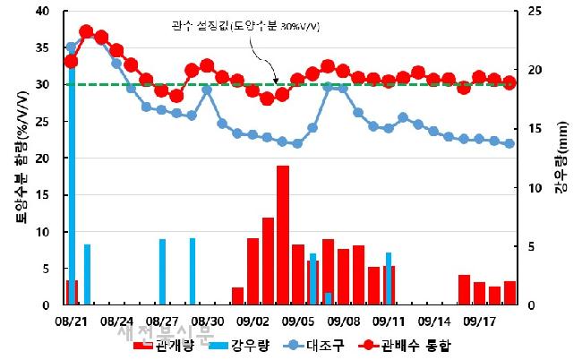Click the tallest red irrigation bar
click(283, 235)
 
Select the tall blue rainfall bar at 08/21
click(72, 179)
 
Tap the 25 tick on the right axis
click(535, 11)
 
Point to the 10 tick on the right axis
click(535, 187)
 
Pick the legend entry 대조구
click(328, 345)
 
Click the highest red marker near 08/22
click(86, 32)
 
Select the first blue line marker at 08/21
click(72, 47)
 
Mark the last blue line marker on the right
click(509, 143)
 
